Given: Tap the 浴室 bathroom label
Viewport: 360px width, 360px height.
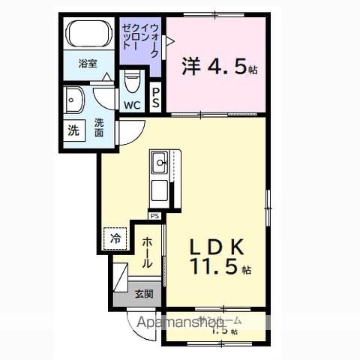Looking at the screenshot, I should coord(89,64).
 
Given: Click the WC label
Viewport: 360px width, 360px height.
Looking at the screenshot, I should coord(132,105).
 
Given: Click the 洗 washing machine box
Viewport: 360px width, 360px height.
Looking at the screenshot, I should coord(73,129).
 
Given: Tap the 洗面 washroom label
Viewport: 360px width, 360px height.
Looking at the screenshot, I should coord(98,127).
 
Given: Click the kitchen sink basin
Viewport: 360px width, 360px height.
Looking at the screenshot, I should coord(160,161).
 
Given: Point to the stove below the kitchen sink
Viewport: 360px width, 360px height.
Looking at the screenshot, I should coord(160,190).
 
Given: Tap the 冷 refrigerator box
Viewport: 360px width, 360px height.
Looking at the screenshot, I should coord(115,238).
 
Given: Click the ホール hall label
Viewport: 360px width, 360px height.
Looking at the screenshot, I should coord(148,252).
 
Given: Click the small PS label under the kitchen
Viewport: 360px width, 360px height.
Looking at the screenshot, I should coord(154,216).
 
